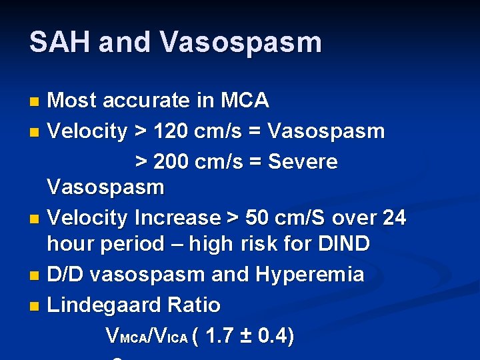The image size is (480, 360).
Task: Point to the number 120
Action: coord(175,131)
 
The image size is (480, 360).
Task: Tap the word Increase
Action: coord(177,218)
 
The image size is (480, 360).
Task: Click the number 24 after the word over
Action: coord(393,218)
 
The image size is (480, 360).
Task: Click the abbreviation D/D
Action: coord(67,274)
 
